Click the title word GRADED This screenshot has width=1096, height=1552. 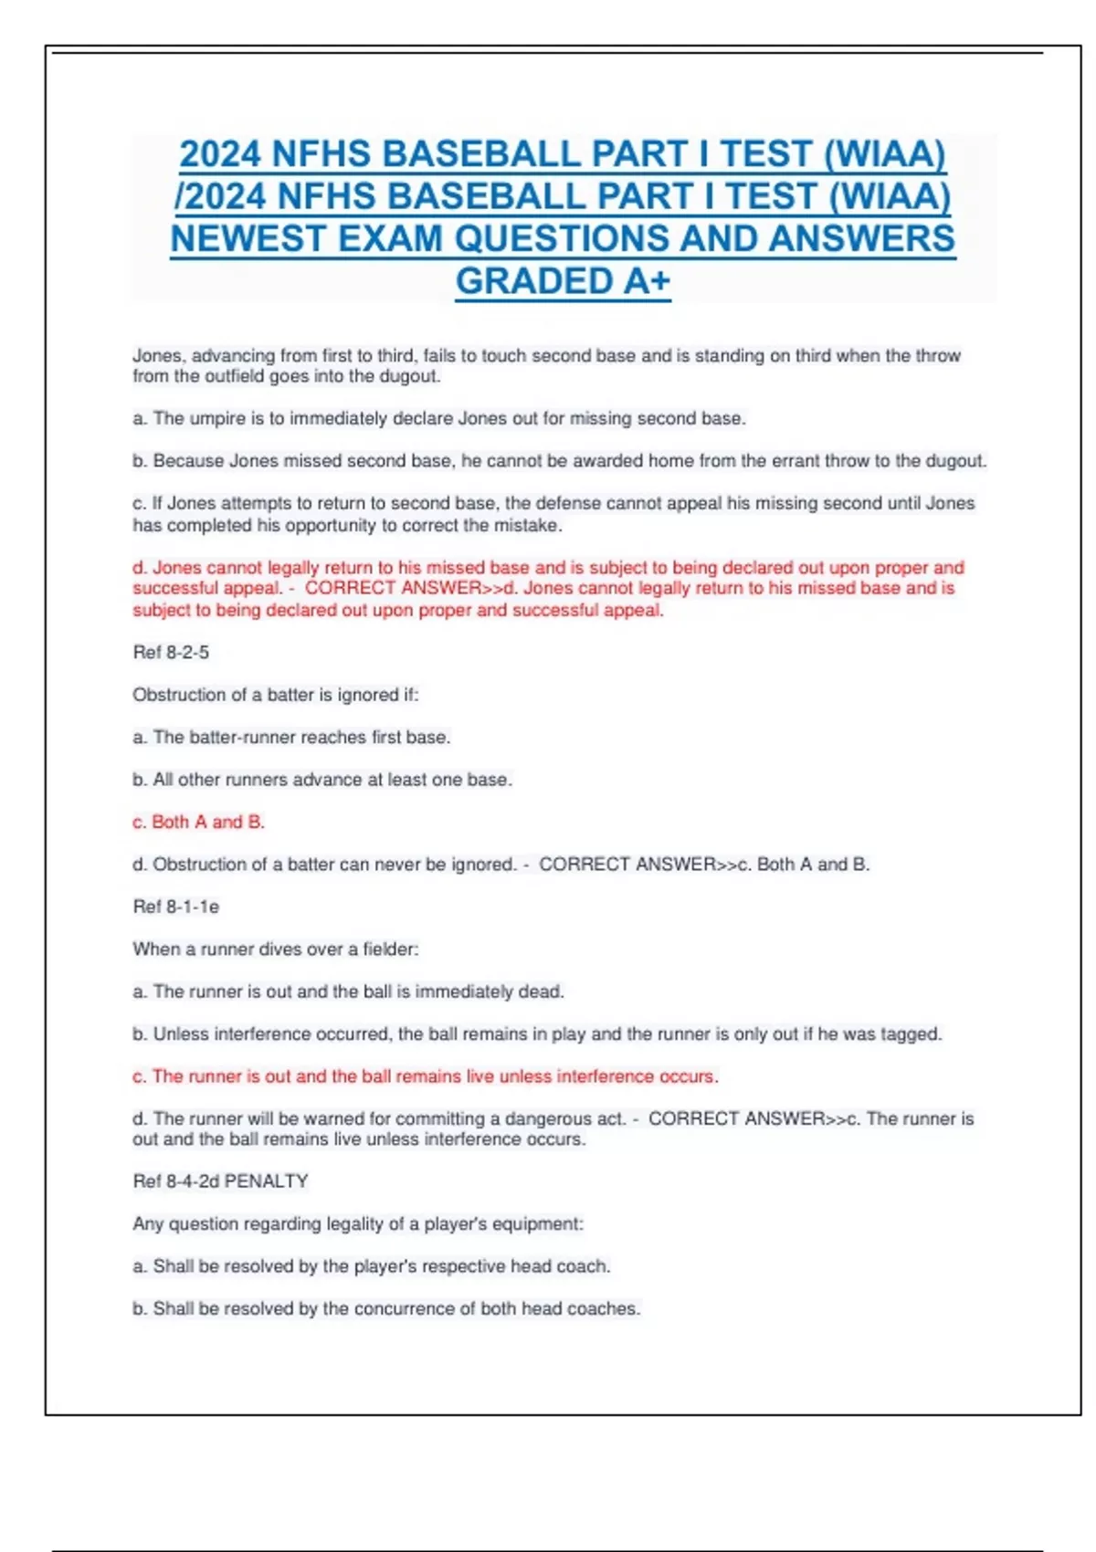coord(535,281)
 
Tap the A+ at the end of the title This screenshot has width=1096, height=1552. coord(647,281)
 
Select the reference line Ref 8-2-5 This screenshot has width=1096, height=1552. coord(171,653)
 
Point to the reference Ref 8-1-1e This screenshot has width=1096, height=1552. coord(176,907)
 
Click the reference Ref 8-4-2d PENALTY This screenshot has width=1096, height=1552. coord(220,1181)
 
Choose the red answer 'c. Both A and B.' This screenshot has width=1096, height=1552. coord(199,822)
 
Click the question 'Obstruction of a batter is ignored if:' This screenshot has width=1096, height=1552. coord(275,695)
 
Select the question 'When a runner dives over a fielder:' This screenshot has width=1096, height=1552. coord(275,949)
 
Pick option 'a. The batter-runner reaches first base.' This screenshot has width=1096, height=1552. coord(291,737)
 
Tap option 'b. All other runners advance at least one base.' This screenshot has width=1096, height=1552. coord(322,780)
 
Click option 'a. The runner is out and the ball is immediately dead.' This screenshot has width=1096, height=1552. coord(348,991)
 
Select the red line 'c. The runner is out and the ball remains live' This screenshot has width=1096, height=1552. coord(425,1076)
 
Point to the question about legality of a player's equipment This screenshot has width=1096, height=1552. coord(357,1223)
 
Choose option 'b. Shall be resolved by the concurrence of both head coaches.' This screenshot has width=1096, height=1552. coord(386,1308)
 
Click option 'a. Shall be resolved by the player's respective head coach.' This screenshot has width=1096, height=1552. coord(371,1266)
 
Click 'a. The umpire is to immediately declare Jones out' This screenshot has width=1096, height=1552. coord(438,418)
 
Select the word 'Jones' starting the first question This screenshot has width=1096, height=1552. coord(157,355)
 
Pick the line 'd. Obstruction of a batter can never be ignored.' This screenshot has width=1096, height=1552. coord(324,865)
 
